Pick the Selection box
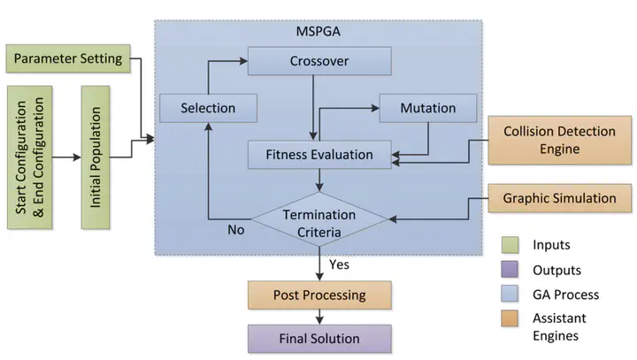point(208,108)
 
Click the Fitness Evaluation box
point(319,154)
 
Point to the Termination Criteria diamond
point(318,222)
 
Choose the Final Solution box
point(319,338)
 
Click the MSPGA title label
point(318,33)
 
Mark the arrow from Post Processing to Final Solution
point(318,316)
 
